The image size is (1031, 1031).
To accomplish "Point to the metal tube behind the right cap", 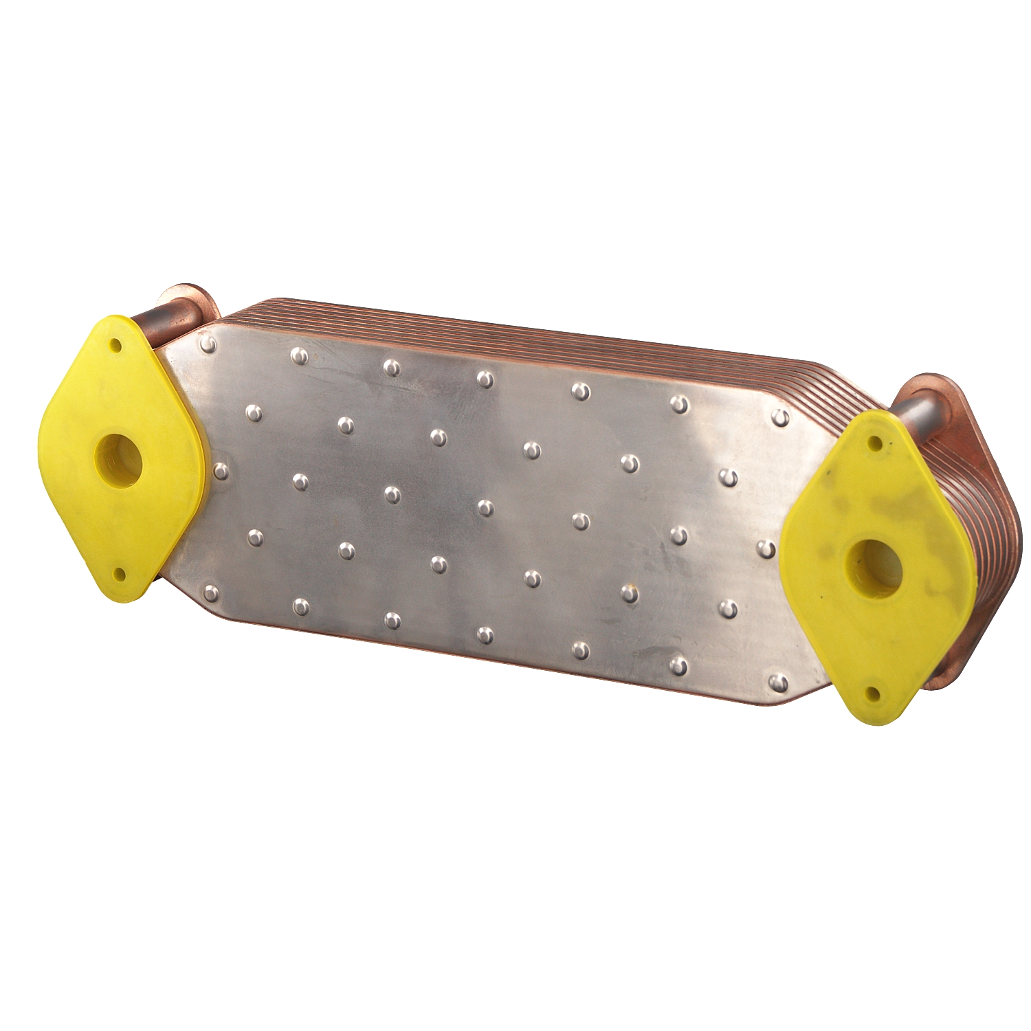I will tap(914, 412).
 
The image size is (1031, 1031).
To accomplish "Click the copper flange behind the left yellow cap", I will tap(199, 302).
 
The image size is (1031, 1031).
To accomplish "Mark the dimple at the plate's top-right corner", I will tap(781, 417).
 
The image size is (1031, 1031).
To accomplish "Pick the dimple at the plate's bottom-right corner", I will tap(779, 682).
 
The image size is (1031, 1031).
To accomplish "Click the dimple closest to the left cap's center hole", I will tap(221, 471).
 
